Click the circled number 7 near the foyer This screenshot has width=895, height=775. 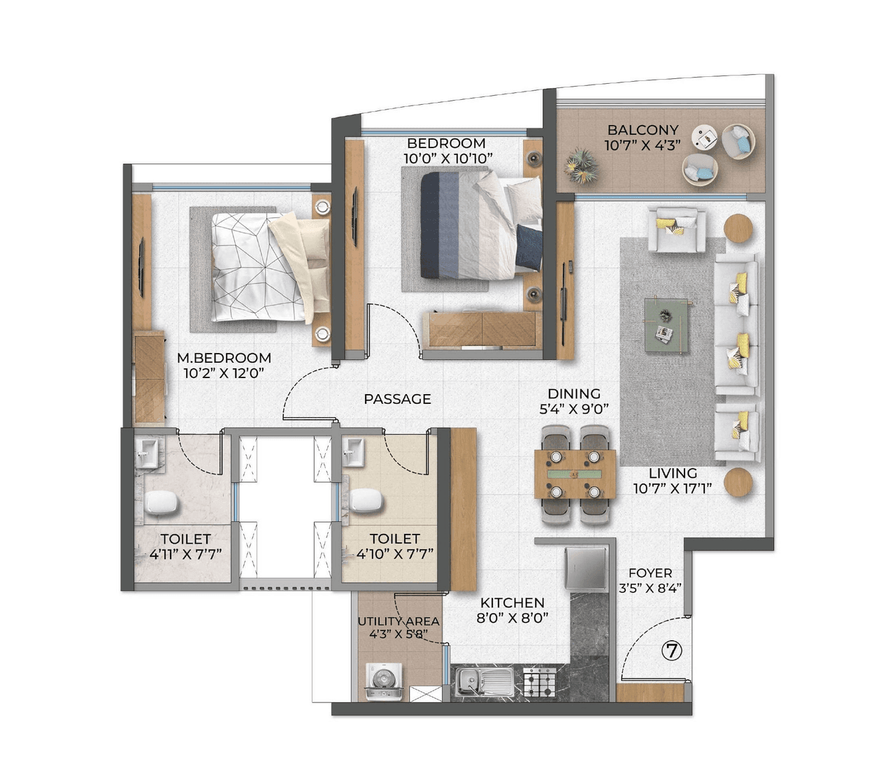pyautogui.click(x=671, y=651)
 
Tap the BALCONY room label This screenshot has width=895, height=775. pyautogui.click(x=643, y=130)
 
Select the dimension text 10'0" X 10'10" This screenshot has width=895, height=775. pyautogui.click(x=447, y=159)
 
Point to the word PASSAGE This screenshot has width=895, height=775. pyautogui.click(x=397, y=399)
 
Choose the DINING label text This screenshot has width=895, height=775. pyautogui.click(x=573, y=393)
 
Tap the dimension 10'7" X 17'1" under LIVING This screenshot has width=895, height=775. pyautogui.click(x=672, y=488)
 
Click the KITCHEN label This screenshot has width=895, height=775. pyautogui.click(x=512, y=602)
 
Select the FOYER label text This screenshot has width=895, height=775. pyautogui.click(x=650, y=573)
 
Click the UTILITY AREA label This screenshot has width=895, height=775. pyautogui.click(x=399, y=621)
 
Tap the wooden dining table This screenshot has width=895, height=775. pyautogui.click(x=575, y=474)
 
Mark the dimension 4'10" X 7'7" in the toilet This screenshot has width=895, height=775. pyautogui.click(x=394, y=554)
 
